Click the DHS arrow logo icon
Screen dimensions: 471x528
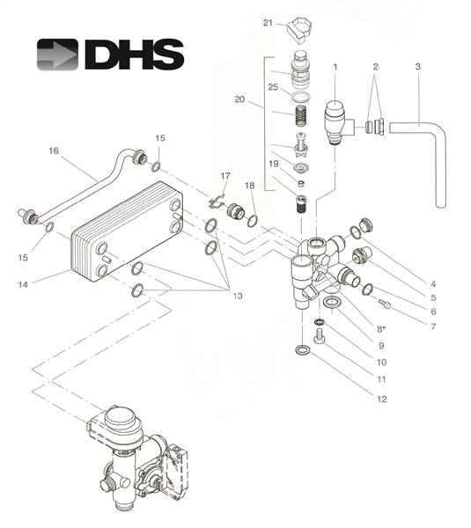tap(57, 55)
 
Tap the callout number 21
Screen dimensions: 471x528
tap(268, 23)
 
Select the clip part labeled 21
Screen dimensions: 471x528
tap(299, 29)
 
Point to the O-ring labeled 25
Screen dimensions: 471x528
tap(300, 97)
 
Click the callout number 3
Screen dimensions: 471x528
tap(418, 66)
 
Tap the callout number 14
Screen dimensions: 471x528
tap(23, 284)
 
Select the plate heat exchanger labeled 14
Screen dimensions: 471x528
tap(128, 231)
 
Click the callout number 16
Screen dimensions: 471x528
tap(54, 150)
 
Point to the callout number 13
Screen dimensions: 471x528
tap(238, 296)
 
